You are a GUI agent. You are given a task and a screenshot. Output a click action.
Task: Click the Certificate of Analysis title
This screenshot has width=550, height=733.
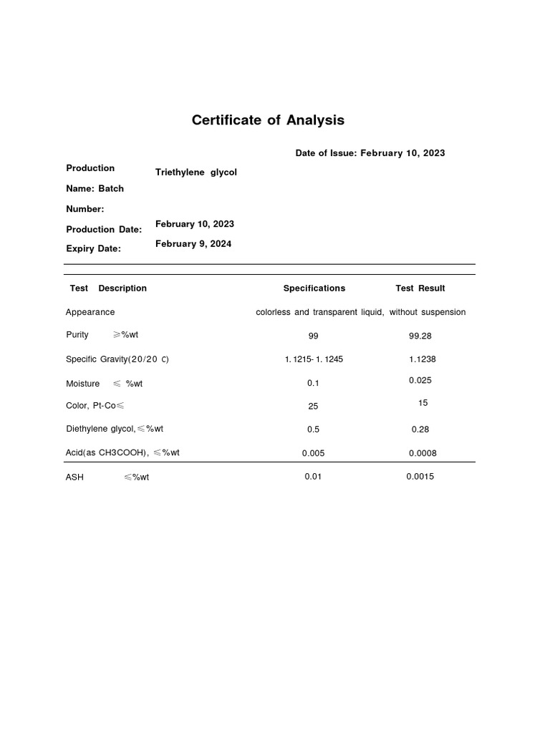pyautogui.click(x=268, y=120)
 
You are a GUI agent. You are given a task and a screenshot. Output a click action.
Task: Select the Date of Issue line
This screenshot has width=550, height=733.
pyautogui.click(x=370, y=153)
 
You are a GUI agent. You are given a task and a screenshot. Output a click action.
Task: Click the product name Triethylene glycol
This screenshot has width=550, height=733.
pyautogui.click(x=196, y=173)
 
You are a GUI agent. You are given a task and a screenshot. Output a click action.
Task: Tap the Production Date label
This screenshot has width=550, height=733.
pyautogui.click(x=104, y=230)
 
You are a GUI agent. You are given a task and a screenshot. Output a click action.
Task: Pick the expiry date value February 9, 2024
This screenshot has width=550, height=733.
pyautogui.click(x=193, y=244)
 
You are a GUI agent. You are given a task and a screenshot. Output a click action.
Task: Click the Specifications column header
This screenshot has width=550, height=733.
pyautogui.click(x=314, y=288)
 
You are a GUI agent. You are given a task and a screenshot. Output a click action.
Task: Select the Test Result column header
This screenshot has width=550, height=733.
pyautogui.click(x=420, y=288)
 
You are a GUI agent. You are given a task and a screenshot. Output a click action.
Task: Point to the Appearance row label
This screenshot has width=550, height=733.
pyautogui.click(x=90, y=312)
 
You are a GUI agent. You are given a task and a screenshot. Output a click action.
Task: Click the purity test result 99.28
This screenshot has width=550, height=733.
pyautogui.click(x=420, y=336)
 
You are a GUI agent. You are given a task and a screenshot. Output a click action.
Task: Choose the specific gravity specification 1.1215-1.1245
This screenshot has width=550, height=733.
pyautogui.click(x=314, y=359)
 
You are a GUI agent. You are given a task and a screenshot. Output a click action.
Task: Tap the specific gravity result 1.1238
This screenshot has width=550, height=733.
pyautogui.click(x=423, y=359)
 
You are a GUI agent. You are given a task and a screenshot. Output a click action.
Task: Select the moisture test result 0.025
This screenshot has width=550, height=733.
pyautogui.click(x=420, y=381)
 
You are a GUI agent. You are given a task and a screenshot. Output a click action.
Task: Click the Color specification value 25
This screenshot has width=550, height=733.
pyautogui.click(x=313, y=406)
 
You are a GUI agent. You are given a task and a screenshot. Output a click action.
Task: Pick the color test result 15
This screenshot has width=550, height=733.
pyautogui.click(x=423, y=403)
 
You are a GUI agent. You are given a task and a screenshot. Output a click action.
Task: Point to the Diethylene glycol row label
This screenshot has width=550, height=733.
pyautogui.click(x=115, y=429)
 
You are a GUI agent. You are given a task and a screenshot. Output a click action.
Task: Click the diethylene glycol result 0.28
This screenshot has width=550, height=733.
pyautogui.click(x=420, y=429)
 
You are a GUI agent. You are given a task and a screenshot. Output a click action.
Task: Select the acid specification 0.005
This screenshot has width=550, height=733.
pyautogui.click(x=314, y=453)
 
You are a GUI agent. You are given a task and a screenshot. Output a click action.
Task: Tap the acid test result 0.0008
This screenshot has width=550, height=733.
pyautogui.click(x=423, y=453)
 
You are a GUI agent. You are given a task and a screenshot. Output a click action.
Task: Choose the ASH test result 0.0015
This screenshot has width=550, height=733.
pyautogui.click(x=420, y=477)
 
